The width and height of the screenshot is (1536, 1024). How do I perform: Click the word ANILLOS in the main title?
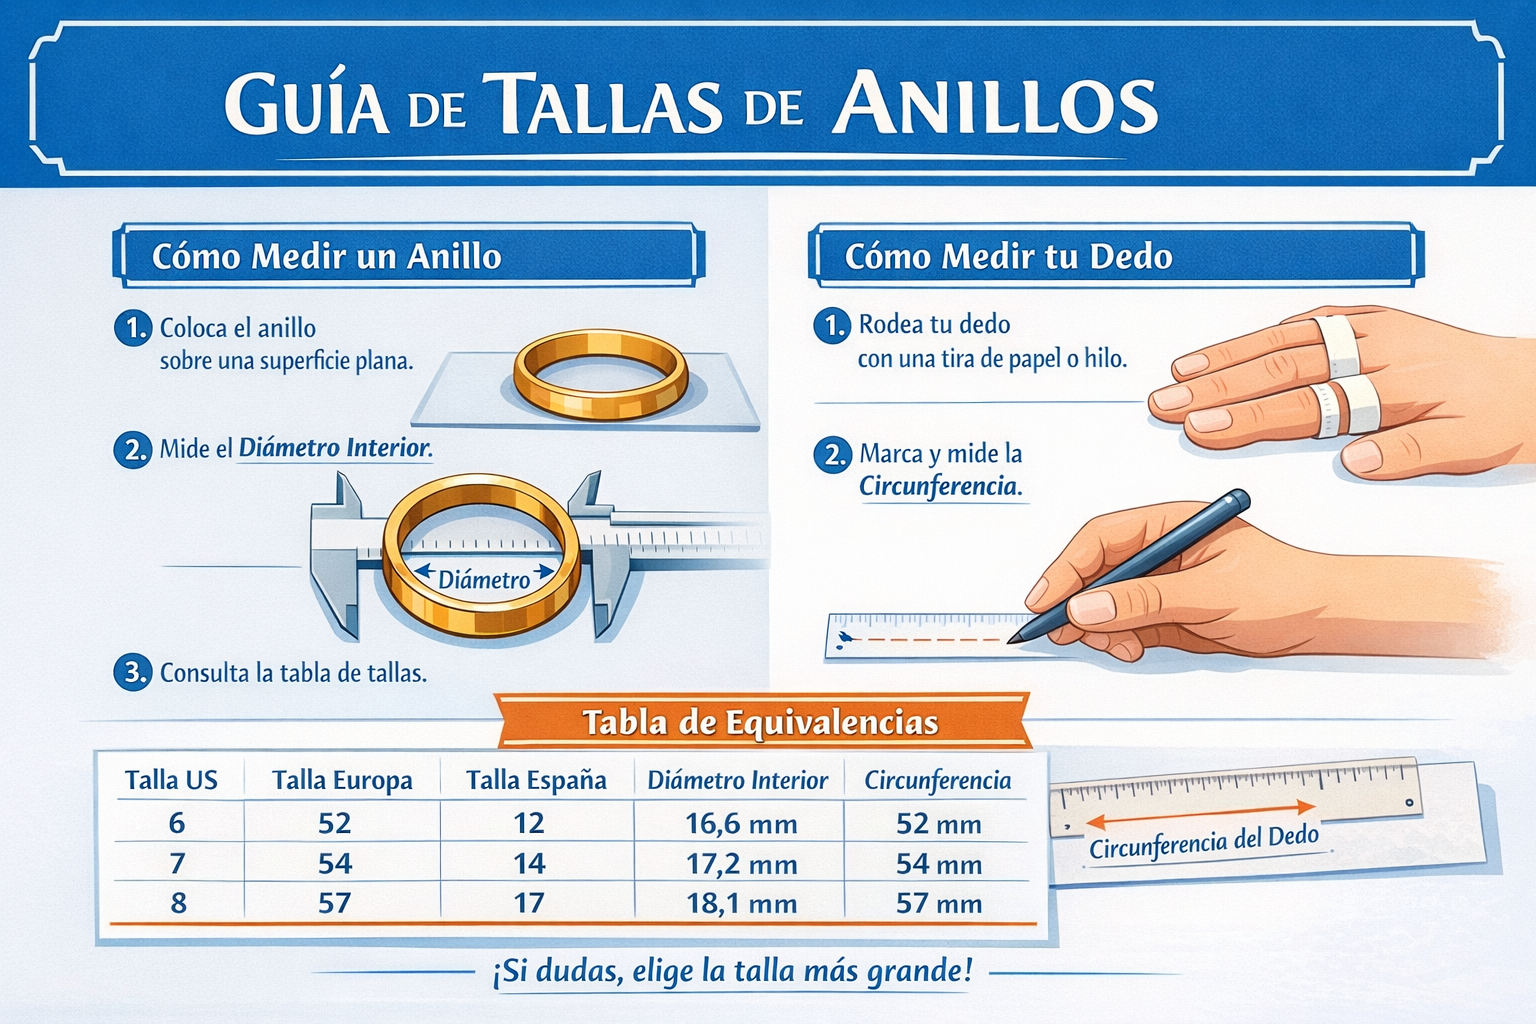click(x=994, y=104)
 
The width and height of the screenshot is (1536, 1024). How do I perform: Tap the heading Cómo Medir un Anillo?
click(x=326, y=257)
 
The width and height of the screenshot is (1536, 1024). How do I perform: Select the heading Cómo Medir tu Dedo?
click(x=1008, y=257)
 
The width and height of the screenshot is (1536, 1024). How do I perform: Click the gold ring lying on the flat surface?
click(x=601, y=374)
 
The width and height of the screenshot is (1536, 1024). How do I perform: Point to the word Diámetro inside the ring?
click(x=484, y=580)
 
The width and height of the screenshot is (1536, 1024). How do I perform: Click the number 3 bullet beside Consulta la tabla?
click(x=133, y=672)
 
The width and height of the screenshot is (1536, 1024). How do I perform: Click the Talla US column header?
click(x=171, y=781)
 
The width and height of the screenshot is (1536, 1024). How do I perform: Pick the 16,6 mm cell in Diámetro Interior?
click(x=741, y=823)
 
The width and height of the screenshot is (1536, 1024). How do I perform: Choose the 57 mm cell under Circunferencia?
click(x=939, y=903)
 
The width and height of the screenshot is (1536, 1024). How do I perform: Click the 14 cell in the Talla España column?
click(x=529, y=864)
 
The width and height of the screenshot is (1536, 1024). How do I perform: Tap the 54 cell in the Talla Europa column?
click(x=335, y=864)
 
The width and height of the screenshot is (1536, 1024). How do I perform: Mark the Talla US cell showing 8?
click(x=178, y=903)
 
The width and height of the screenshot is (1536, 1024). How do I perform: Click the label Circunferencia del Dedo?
click(x=1204, y=842)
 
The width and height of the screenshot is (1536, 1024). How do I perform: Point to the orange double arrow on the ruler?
click(x=1201, y=814)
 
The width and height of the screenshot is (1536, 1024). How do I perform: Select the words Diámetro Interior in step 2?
click(x=335, y=448)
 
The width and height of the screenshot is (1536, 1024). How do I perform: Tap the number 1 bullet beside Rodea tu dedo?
click(x=832, y=325)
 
